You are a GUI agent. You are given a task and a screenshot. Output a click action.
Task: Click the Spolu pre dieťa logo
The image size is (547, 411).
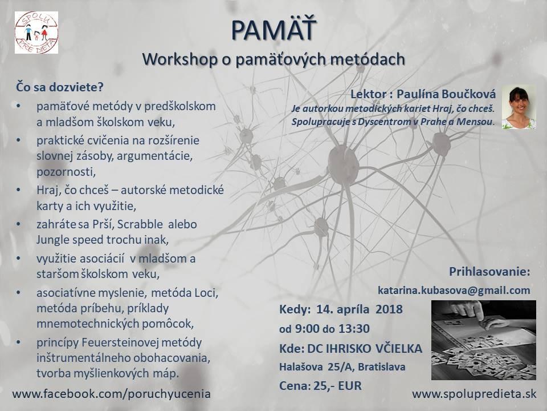pyautogui.click(x=36, y=33)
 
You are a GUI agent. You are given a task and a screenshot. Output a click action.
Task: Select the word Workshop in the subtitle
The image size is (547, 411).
pyautogui.click(x=179, y=59)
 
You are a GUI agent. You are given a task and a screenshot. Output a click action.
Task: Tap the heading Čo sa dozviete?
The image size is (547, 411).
pyautogui.click(x=60, y=87)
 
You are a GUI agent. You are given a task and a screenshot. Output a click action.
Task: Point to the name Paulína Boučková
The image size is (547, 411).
pyautogui.click(x=446, y=94)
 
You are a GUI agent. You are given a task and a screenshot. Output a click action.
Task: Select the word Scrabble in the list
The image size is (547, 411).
pyautogui.click(x=140, y=224)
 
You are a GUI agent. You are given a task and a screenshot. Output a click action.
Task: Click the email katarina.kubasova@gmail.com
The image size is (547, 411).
pyautogui.click(x=454, y=290)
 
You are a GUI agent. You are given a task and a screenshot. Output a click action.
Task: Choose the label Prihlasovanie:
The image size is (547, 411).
pyautogui.click(x=489, y=272)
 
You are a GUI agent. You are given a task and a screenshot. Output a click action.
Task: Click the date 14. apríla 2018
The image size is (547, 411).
pyautogui.click(x=360, y=309)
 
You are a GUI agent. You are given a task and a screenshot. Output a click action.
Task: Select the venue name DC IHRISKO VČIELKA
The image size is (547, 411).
pyautogui.click(x=365, y=348)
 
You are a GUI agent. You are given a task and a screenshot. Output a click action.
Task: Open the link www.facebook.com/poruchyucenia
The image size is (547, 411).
pyautogui.click(x=111, y=394)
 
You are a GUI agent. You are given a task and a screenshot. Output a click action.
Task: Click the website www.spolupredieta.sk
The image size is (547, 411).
pyautogui.click(x=474, y=394)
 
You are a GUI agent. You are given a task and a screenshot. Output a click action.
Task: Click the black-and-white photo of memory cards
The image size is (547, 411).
pyautogui.click(x=484, y=340)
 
